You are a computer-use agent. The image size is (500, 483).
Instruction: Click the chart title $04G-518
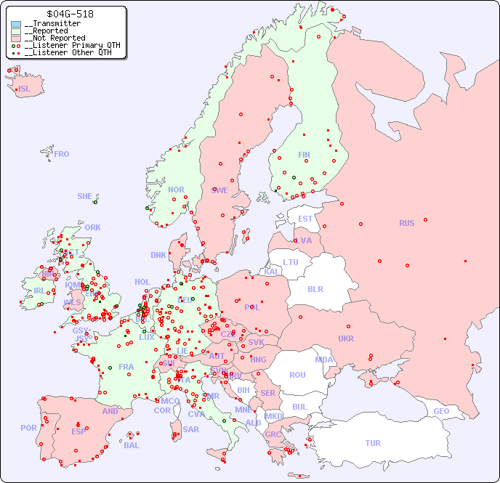(69, 14)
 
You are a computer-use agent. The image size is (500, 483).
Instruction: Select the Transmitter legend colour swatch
(16, 24)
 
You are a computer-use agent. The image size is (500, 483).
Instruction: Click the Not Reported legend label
(55, 38)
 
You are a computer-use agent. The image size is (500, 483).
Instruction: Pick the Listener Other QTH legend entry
(68, 52)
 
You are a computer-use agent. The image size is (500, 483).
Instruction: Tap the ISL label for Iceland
(25, 89)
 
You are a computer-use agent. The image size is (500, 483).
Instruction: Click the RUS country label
(406, 223)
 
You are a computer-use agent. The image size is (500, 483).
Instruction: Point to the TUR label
(373, 443)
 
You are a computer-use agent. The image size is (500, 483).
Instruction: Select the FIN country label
(304, 155)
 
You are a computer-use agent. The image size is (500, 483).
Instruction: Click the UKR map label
(345, 338)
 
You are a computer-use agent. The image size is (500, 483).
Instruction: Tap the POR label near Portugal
(28, 428)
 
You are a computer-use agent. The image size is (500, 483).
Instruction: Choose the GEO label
(441, 411)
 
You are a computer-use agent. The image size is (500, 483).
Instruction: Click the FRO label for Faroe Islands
(62, 154)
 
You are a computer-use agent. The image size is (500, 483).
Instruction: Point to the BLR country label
(315, 288)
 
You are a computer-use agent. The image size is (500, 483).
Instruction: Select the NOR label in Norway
(176, 190)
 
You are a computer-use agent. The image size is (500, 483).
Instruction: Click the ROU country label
(297, 375)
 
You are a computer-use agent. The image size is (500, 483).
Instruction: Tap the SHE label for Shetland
(85, 196)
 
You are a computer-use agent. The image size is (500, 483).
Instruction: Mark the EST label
(305, 219)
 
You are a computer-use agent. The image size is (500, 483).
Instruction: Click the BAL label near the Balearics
(131, 445)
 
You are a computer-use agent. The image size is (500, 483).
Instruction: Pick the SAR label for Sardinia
(190, 429)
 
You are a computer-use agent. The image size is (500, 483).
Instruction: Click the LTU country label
(291, 262)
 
